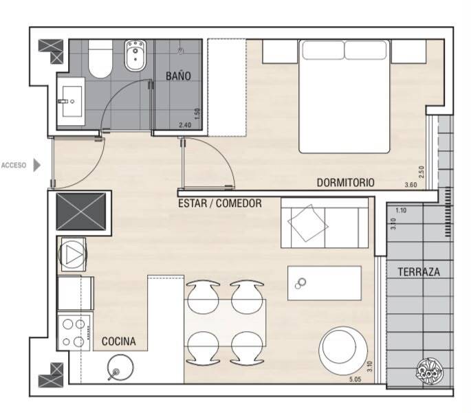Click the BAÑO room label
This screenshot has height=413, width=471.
(178, 76)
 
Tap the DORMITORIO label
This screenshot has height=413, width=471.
(345, 183)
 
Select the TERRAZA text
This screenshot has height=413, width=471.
(419, 272)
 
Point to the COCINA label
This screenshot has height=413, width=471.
(119, 342)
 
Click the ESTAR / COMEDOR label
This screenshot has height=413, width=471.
(220, 203)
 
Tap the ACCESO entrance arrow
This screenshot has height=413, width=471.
(36, 165)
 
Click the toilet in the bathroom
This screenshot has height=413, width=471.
(100, 59)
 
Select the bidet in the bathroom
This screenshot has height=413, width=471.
(135, 56)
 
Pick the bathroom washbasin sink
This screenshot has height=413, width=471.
(72, 101)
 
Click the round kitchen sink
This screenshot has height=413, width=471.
(120, 367)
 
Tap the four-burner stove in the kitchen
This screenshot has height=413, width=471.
(74, 333)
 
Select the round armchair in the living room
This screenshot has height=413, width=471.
(343, 351)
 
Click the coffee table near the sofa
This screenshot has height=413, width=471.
(325, 283)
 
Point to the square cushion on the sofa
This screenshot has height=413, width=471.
(308, 223)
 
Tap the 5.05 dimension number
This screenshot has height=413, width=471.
(355, 379)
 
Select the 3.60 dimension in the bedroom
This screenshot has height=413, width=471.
(411, 185)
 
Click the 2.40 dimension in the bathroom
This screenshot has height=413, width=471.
(185, 125)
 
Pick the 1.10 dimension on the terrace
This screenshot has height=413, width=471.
(401, 210)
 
